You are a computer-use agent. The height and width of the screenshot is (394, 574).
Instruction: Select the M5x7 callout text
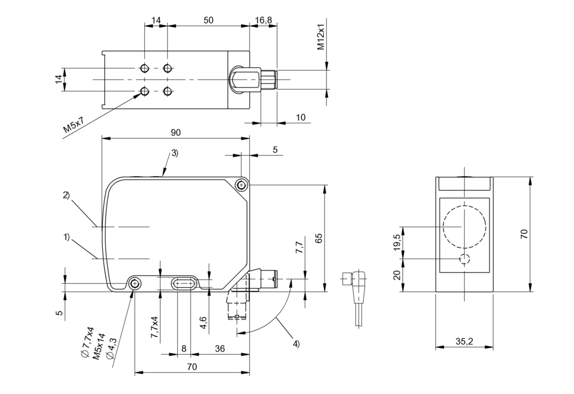point(74,125)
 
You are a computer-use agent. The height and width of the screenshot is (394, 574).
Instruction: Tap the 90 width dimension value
point(176,132)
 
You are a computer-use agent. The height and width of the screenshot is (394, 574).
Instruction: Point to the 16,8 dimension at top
point(263,20)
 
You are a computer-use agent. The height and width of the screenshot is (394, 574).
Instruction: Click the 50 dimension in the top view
point(208,20)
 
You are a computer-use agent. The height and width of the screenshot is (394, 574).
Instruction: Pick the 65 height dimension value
point(319,238)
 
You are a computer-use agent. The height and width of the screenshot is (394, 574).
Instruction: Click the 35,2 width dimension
point(464,341)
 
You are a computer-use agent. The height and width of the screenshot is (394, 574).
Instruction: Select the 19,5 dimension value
point(397,242)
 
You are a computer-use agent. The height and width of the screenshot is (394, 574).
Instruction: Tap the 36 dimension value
point(220,349)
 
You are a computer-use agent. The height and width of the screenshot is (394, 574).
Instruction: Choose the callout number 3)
point(175,153)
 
